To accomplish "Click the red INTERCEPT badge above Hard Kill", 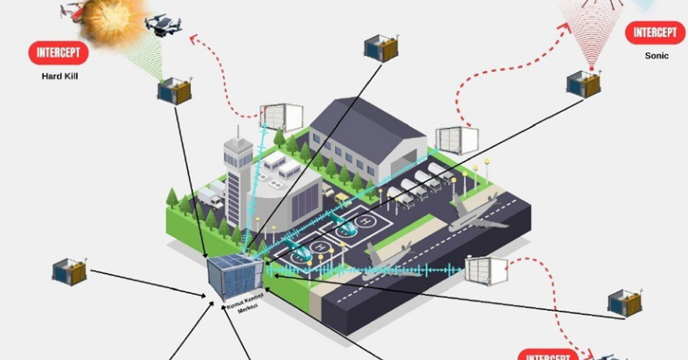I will [58, 53].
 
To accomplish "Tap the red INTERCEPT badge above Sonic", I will [655, 33].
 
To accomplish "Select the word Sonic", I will [657, 56].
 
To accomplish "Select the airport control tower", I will [238, 171].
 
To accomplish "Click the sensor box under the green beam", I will [175, 91].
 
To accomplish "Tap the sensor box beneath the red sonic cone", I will [584, 84].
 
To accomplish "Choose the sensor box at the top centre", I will [381, 48].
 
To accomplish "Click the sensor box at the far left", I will [70, 271].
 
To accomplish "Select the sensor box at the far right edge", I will [625, 305].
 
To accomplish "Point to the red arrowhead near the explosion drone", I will [193, 38].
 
